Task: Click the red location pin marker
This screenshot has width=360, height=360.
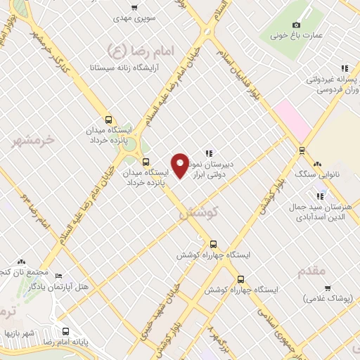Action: click(x=180, y=165)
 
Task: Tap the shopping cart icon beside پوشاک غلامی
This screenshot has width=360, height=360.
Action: click(x=328, y=288)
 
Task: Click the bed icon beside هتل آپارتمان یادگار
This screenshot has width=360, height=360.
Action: click(x=58, y=276)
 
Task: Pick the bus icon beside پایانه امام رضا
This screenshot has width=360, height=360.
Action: click(x=65, y=331)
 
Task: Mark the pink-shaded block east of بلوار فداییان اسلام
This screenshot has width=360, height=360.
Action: click(x=293, y=119)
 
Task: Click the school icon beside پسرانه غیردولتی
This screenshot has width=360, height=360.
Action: click(x=345, y=69)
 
